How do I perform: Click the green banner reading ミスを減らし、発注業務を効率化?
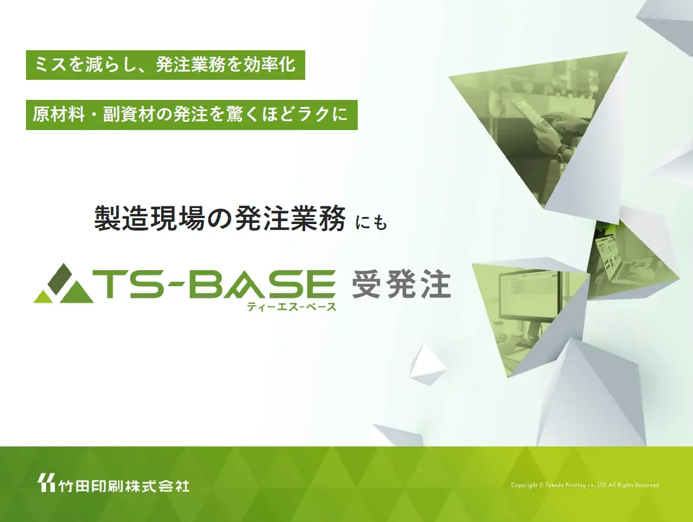165,66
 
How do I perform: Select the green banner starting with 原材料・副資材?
191,115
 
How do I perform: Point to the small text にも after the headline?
371,223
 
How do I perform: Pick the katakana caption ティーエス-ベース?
292,306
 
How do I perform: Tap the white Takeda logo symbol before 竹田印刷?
45,484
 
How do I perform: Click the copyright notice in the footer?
584,485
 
